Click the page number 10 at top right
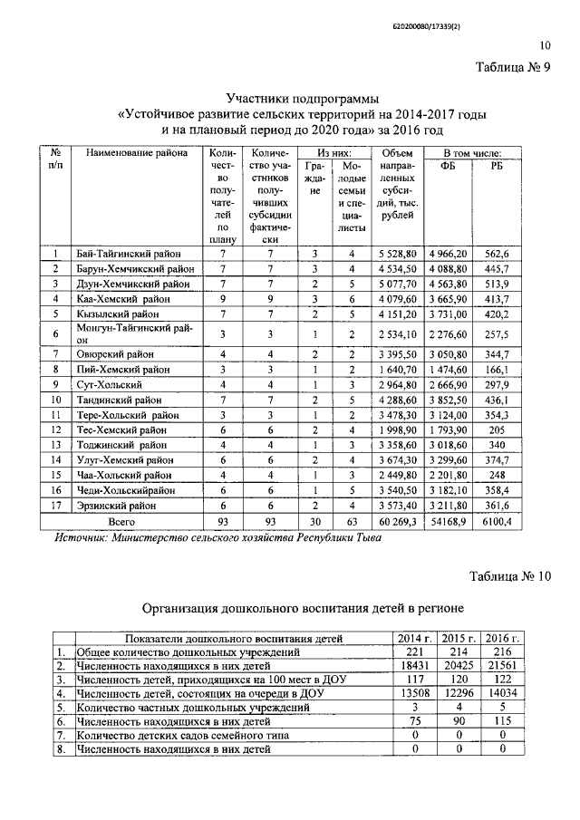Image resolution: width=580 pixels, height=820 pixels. point(544,45)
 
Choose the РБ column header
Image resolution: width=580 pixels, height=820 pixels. point(498,165)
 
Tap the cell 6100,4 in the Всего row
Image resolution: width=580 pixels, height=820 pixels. point(498,522)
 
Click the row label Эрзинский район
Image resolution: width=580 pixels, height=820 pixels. point(114,504)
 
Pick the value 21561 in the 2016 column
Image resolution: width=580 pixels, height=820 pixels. point(501,665)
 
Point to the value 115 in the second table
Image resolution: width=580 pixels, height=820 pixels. point(501,720)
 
